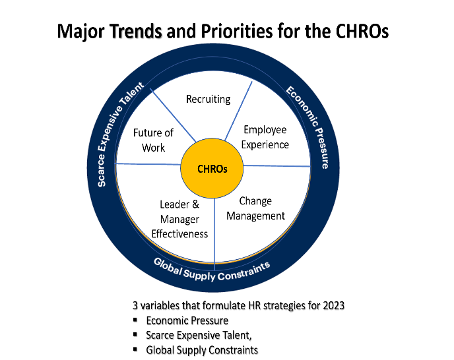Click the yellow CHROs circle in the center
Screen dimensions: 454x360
[x=212, y=168]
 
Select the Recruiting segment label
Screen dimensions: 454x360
[x=208, y=100]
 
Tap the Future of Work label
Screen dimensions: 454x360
[x=153, y=140]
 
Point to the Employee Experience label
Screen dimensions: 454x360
[x=265, y=137]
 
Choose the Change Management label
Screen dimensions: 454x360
[x=255, y=208]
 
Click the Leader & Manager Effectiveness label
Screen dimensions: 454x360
[x=179, y=219]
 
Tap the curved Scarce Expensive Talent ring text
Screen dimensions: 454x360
[x=119, y=134]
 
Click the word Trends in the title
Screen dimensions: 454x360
[x=135, y=31]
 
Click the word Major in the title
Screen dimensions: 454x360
[x=81, y=31]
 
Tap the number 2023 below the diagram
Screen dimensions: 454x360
[x=333, y=305]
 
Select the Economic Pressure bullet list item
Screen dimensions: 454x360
[x=187, y=320]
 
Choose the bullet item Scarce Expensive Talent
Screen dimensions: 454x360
[x=199, y=336]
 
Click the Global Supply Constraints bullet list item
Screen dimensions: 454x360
[x=202, y=350]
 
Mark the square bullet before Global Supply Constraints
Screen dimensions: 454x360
[x=135, y=349]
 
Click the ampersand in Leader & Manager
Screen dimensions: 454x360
[x=196, y=204]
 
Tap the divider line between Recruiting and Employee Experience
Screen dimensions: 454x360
[x=238, y=111]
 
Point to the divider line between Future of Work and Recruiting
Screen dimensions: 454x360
[x=173, y=115]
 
